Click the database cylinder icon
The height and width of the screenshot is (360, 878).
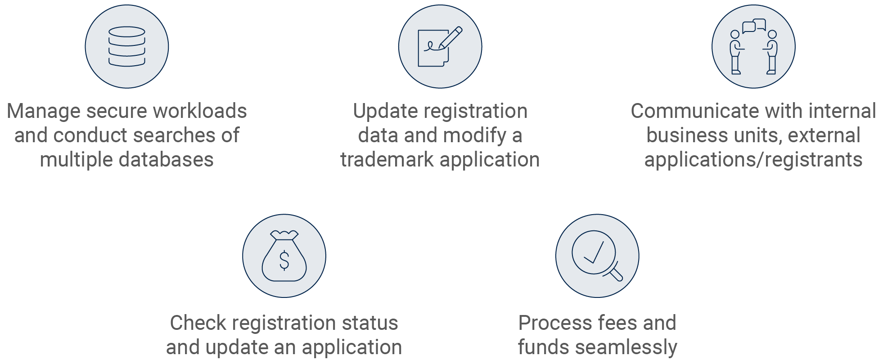pos(127,46)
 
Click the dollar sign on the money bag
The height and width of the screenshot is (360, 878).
pos(284,260)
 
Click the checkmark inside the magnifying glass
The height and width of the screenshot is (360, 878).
pos(594,252)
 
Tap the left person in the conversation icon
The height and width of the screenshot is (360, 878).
pos(736,52)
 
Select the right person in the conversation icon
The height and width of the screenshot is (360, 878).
pos(771,52)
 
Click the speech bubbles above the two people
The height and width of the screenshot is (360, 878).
pos(754,26)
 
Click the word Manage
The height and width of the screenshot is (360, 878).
pos(44,111)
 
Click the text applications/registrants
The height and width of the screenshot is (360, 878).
pos(753,160)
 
